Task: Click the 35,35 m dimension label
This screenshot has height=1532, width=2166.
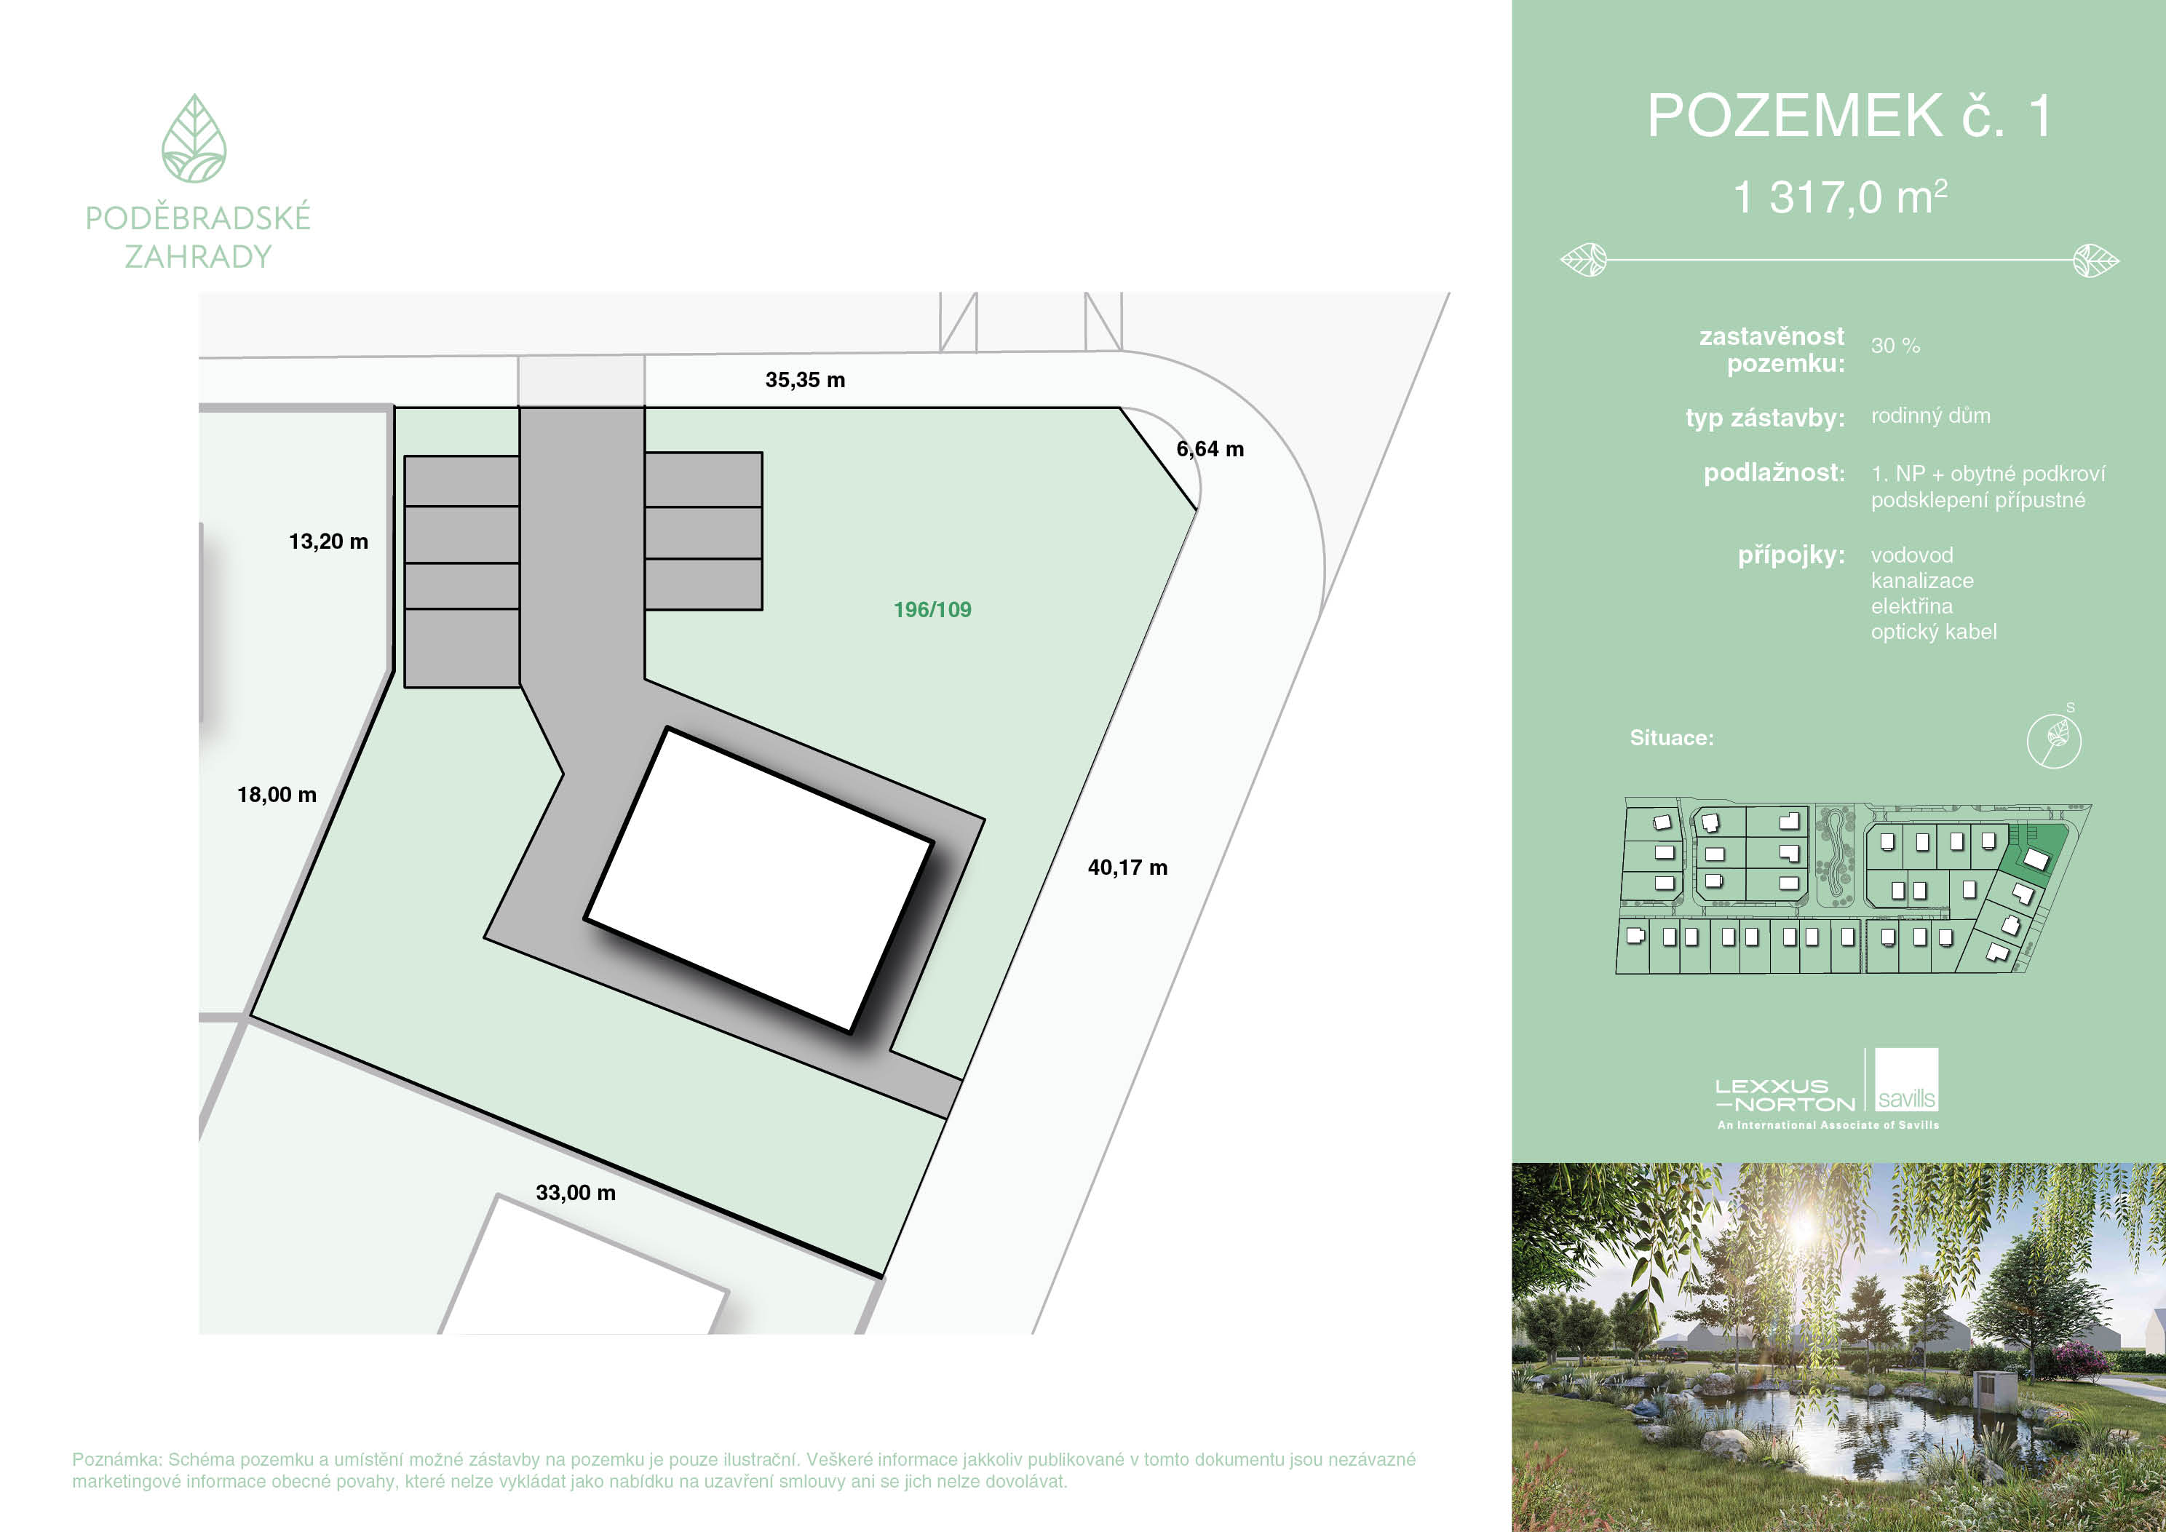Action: [805, 380]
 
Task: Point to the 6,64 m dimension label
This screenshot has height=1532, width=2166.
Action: [1210, 449]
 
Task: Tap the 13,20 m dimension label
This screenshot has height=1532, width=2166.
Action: [328, 541]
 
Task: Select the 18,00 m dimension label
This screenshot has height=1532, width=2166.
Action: [277, 794]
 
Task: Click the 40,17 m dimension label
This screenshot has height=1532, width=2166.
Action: [1127, 868]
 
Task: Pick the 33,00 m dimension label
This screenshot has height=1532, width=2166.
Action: [576, 1192]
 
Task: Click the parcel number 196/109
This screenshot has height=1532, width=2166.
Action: [932, 609]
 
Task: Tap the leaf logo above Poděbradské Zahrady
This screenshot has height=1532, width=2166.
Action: [194, 139]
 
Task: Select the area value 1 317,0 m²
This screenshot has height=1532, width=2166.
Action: [1840, 197]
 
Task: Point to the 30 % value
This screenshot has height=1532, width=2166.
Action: [1895, 346]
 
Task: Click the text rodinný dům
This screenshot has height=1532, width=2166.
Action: [1930, 416]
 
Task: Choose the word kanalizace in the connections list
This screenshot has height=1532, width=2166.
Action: [1921, 581]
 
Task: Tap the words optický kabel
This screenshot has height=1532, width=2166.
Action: [1934, 632]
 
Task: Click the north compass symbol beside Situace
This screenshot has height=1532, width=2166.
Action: [2054, 739]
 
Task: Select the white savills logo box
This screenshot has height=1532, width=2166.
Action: [1907, 1079]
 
